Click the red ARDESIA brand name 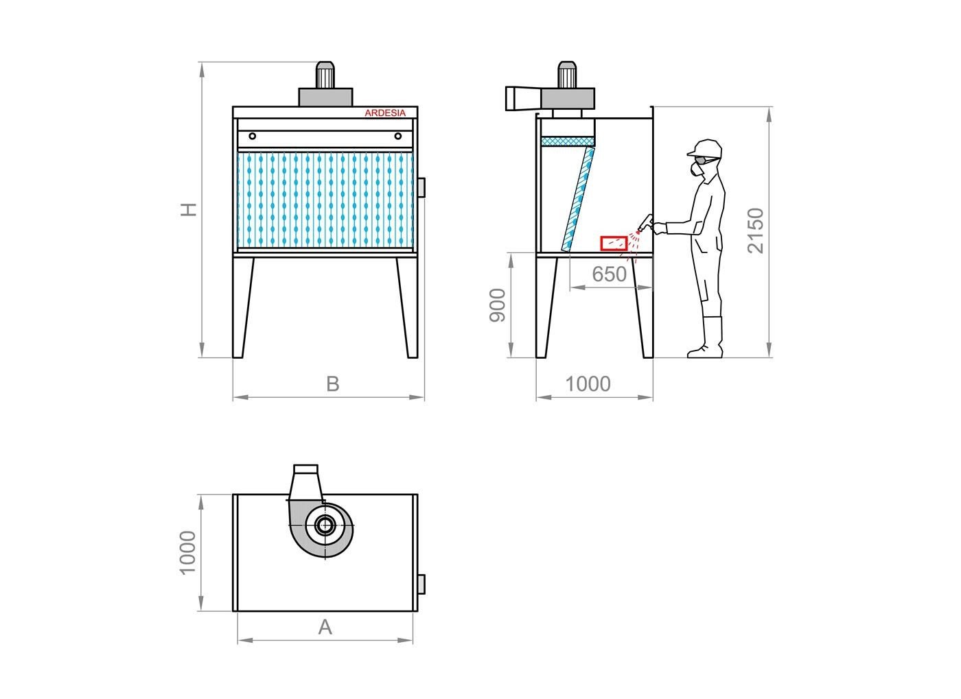tap(385, 112)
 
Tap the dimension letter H tap(188, 210)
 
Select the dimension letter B tap(332, 384)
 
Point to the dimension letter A tap(325, 628)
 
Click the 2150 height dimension tap(756, 230)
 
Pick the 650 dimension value tap(610, 274)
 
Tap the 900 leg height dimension tap(498, 305)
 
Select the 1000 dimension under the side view tap(588, 384)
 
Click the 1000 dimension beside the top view tap(187, 553)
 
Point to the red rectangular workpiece tap(614, 244)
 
